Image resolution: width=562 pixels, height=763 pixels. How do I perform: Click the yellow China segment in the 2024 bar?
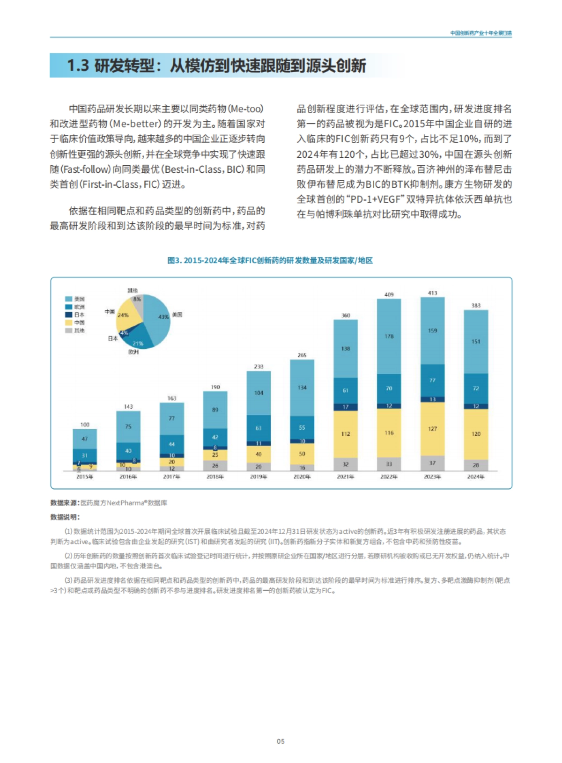coord(476,434)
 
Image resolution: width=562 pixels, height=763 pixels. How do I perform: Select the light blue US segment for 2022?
coord(389,337)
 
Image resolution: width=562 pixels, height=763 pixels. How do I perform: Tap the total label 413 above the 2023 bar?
coord(432,293)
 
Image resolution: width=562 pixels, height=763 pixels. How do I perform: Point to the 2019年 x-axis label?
coord(259,477)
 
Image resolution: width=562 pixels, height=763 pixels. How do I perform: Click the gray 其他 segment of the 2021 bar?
coord(345,464)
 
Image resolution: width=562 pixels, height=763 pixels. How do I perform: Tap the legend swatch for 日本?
coord(69,315)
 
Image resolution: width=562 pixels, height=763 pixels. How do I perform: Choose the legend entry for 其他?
coord(75,330)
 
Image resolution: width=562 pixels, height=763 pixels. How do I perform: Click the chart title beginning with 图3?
coord(270,260)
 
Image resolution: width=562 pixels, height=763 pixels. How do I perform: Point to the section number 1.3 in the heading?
coord(78,66)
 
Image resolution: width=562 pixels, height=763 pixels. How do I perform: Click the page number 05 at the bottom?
coord(281,741)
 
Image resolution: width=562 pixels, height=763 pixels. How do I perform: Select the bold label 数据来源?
coord(65,503)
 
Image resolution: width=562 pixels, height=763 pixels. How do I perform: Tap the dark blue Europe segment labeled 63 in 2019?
coord(259,428)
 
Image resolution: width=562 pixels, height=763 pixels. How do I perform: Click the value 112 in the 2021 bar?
coord(345,434)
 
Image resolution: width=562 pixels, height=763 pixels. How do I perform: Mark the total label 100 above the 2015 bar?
coord(85,425)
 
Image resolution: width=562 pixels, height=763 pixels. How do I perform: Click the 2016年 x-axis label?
coord(128,477)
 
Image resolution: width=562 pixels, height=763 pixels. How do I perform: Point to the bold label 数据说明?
coord(65,517)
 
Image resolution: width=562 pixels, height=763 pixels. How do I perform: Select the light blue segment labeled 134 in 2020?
coord(302,388)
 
